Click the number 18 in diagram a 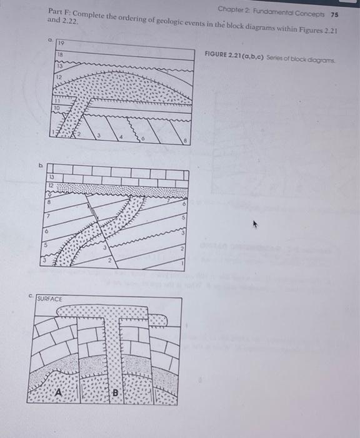[x=61, y=55]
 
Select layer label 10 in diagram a [x=57, y=108]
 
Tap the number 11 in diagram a [x=57, y=100]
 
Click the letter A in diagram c [x=59, y=392]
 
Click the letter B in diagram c [x=115, y=393]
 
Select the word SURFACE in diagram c [x=49, y=300]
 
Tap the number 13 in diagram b [x=52, y=176]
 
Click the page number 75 [x=334, y=13]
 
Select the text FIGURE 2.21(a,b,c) [x=229, y=54]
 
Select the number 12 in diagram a [x=58, y=76]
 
